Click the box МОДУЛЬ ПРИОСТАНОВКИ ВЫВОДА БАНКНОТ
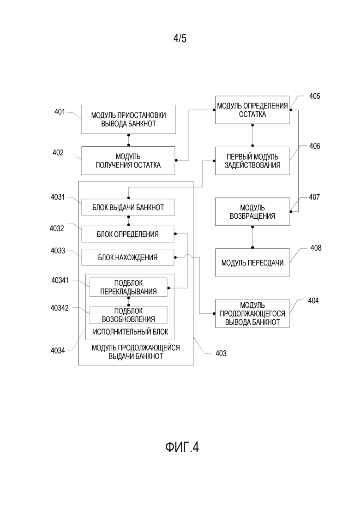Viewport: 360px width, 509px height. click(128, 119)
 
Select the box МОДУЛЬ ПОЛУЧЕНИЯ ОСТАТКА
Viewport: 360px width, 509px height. click(128, 161)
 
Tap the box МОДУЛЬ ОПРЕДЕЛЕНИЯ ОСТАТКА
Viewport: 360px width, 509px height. click(252, 110)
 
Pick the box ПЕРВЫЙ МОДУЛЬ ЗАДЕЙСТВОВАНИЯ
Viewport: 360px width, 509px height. click(252, 161)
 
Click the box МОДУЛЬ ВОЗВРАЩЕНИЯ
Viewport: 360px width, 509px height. click(252, 212)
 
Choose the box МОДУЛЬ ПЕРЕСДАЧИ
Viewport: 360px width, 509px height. click(252, 263)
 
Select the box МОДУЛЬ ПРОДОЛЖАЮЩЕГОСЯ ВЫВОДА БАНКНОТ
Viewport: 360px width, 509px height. click(252, 314)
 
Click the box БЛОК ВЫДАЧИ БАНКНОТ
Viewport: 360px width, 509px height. click(128, 207)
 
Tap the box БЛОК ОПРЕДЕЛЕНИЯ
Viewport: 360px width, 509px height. click(127, 234)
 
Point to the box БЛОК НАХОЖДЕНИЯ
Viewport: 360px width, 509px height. click(127, 257)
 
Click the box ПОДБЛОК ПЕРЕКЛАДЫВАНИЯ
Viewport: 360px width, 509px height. click(129, 287)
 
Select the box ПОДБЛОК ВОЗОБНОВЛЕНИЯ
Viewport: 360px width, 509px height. click(129, 315)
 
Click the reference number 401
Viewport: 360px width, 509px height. click(60, 112)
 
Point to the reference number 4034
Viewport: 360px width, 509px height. click(58, 351)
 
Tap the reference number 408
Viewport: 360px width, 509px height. click(316, 248)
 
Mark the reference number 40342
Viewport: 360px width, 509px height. click(60, 308)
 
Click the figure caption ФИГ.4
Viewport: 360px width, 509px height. click(182, 447)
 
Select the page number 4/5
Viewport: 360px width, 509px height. click(180, 39)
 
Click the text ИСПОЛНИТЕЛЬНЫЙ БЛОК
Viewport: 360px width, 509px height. click(131, 332)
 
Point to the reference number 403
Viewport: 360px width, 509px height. click(221, 353)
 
